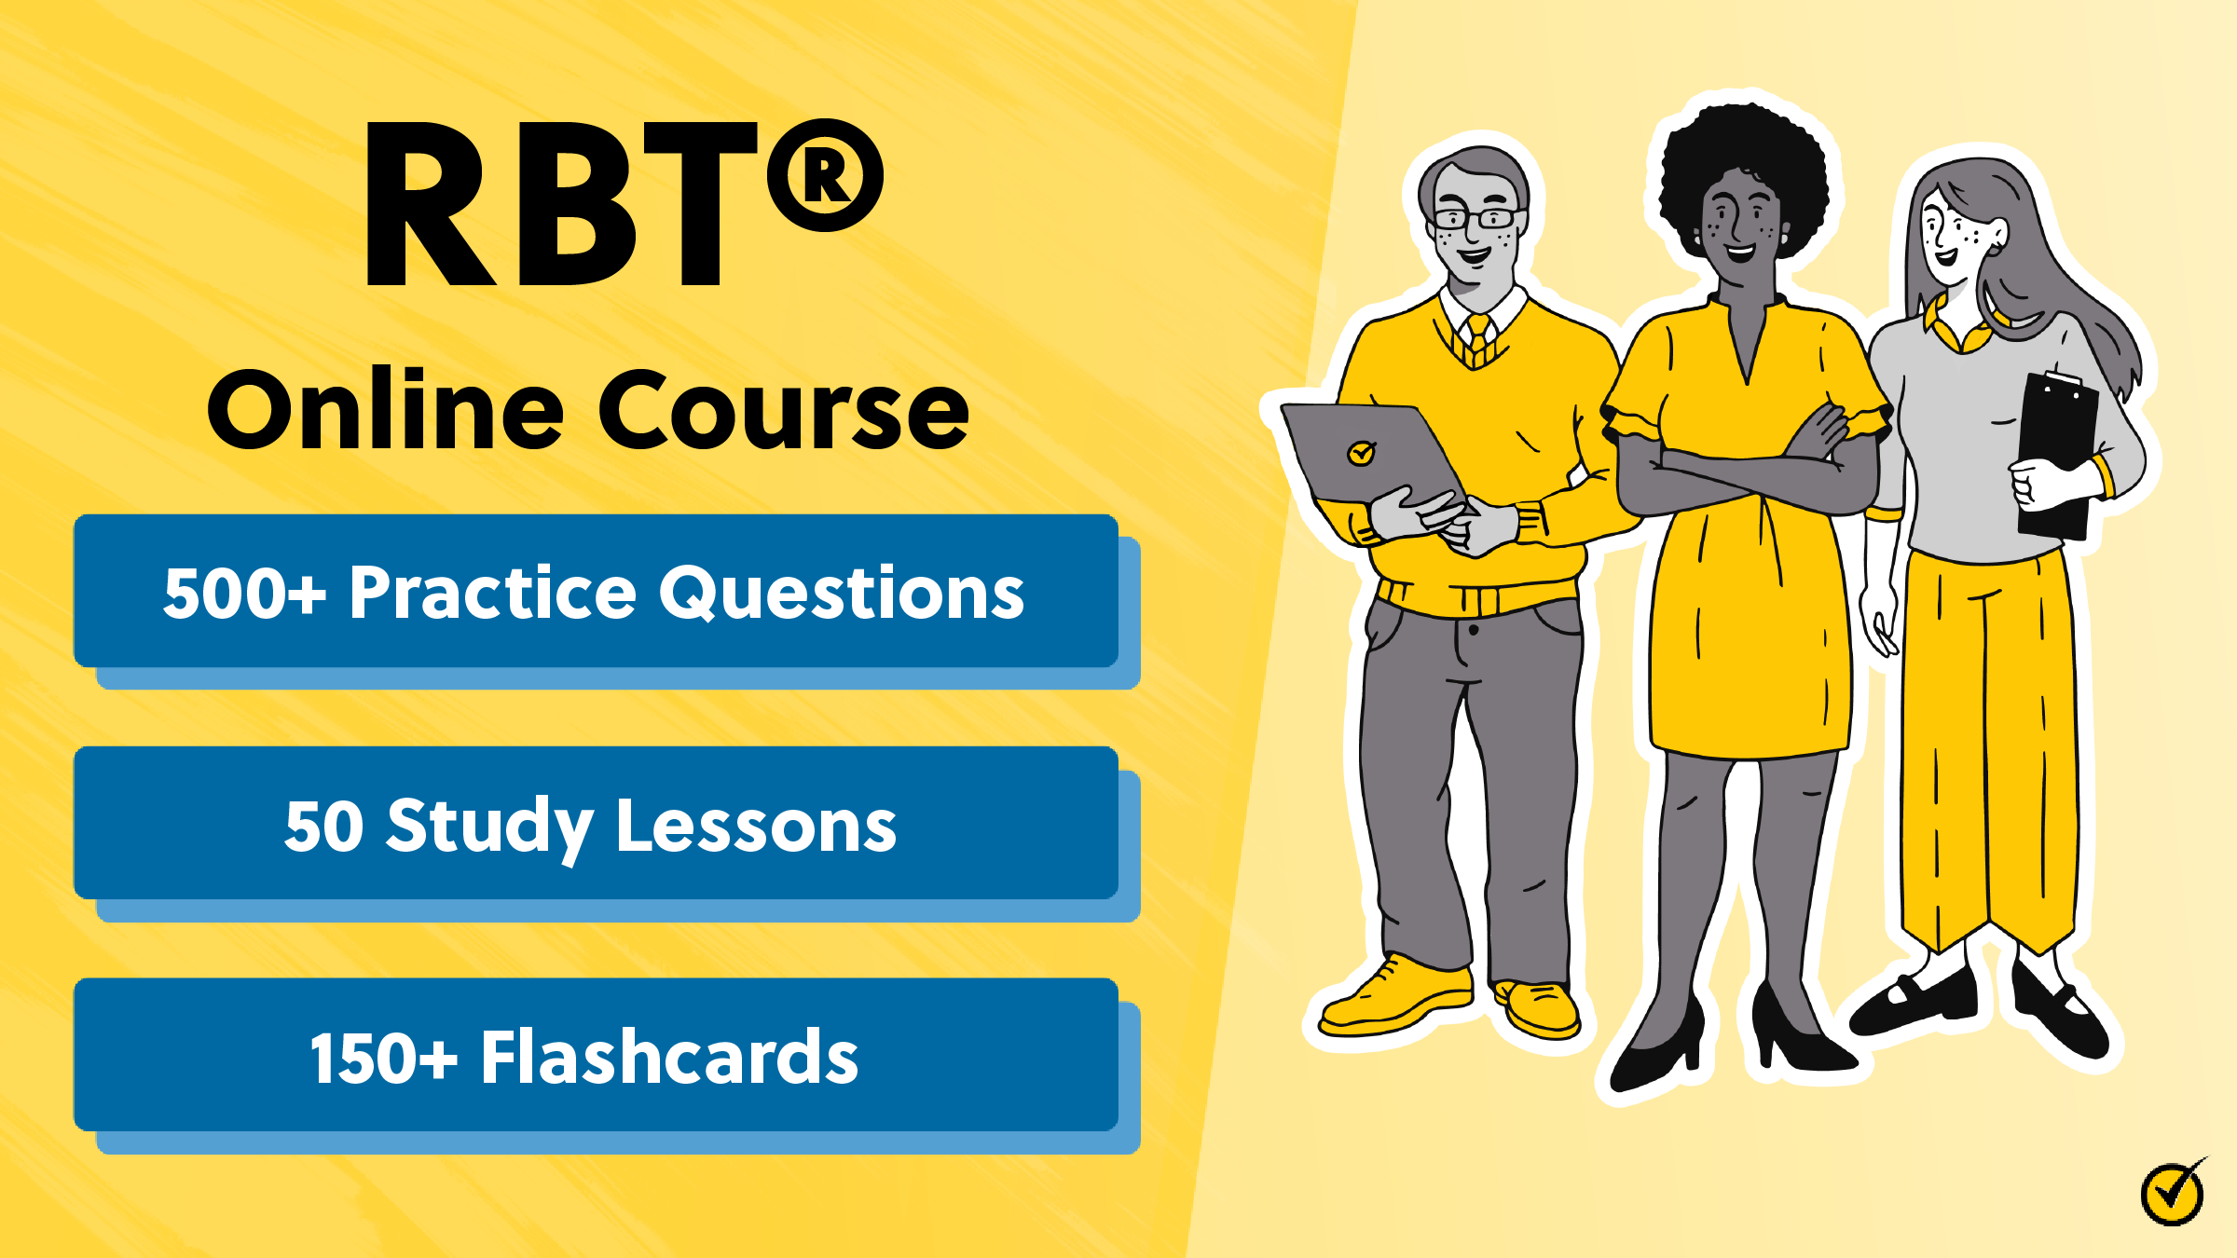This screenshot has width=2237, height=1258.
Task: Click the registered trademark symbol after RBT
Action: (825, 175)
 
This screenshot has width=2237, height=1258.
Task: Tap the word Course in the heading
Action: (783, 410)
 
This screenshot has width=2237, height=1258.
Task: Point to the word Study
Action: (490, 827)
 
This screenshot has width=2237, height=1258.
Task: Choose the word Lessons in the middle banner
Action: (756, 827)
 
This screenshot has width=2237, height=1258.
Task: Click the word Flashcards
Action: (669, 1058)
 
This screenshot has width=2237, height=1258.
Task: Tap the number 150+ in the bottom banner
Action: (383, 1058)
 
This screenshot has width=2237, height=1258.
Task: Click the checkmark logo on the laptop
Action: (1361, 454)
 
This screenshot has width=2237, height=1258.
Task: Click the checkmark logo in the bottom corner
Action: (2173, 1192)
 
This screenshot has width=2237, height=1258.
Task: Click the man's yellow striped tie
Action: (1478, 341)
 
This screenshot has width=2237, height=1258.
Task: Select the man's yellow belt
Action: (1477, 597)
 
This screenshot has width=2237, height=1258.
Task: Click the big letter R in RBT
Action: (429, 205)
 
